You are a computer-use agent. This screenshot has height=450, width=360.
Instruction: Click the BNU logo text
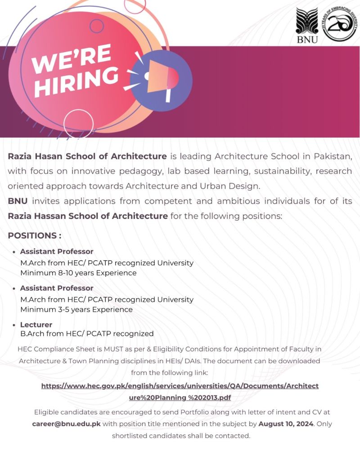[307, 39]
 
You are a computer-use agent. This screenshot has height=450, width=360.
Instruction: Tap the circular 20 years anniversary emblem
[339, 25]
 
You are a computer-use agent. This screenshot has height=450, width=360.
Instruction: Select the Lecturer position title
[36, 325]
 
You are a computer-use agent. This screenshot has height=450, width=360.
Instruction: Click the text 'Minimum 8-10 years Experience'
[78, 272]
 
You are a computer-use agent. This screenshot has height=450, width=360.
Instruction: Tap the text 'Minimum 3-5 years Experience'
[76, 309]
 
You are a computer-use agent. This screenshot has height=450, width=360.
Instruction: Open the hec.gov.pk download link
[180, 392]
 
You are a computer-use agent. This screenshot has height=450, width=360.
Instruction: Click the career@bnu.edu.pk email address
[67, 423]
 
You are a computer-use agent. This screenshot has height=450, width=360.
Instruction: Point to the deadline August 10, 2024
[286, 423]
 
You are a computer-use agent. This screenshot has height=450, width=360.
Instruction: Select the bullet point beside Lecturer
[15, 325]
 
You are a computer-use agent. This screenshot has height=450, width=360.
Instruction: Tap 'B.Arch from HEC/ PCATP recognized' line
[87, 334]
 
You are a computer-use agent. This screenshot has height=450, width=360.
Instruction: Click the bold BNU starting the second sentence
[18, 201]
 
